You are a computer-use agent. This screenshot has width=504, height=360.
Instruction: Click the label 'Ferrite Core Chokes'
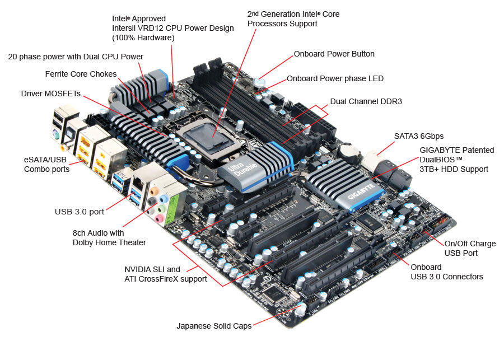pyautogui.click(x=81, y=74)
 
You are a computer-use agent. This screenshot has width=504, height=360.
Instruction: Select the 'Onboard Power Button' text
pyautogui.click(x=334, y=54)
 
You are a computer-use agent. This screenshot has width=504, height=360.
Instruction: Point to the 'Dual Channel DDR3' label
pyautogui.click(x=366, y=101)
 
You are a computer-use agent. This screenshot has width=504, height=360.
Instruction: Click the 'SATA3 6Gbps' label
pyautogui.click(x=418, y=136)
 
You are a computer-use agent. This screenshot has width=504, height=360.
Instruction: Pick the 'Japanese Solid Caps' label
pyautogui.click(x=214, y=325)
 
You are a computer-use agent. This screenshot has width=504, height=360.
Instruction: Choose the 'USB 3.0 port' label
pyautogui.click(x=79, y=212)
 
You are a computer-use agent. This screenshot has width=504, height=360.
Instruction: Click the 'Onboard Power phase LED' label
pyautogui.click(x=335, y=78)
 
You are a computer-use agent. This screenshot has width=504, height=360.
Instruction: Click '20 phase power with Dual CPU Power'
pyautogui.click(x=76, y=57)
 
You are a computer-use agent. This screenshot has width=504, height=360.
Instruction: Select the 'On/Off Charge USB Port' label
pyautogui.click(x=469, y=249)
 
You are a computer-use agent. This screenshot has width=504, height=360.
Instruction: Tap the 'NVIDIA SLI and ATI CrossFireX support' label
pyautogui.click(x=165, y=274)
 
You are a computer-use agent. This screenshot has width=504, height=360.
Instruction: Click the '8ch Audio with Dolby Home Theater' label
pyautogui.click(x=109, y=237)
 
